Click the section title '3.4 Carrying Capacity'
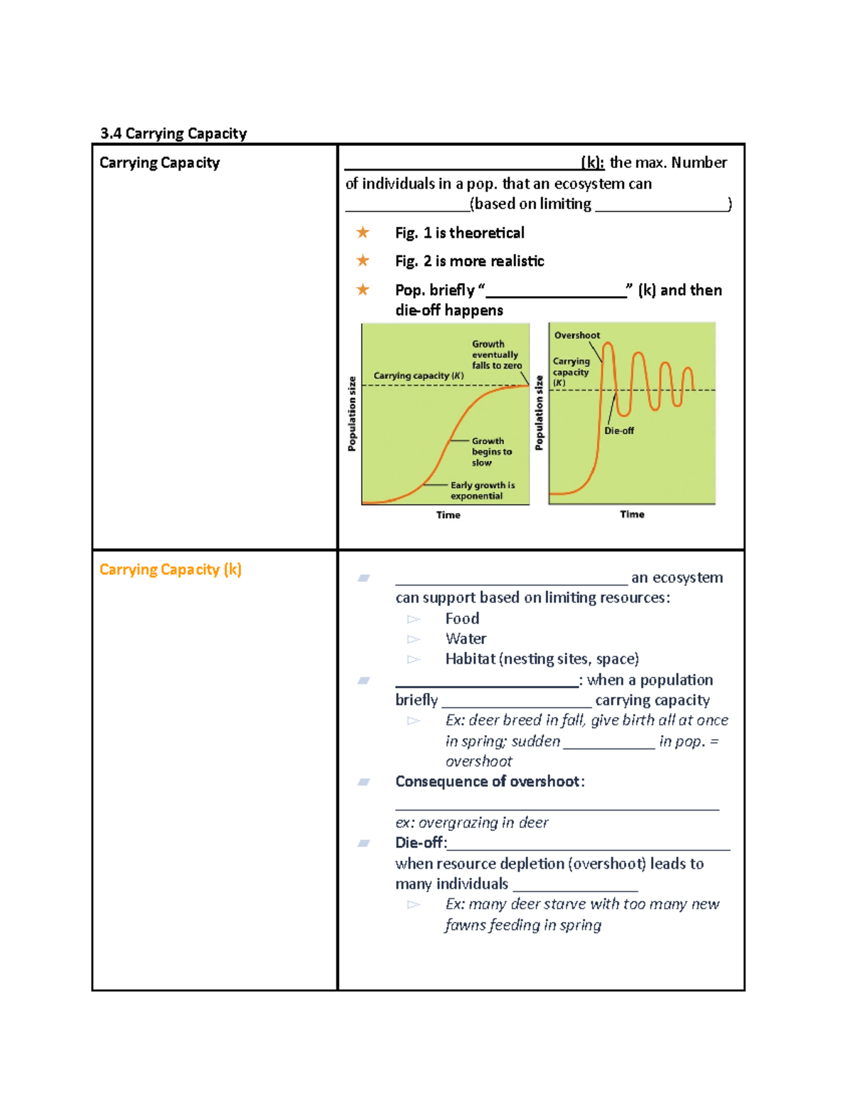[x=173, y=134]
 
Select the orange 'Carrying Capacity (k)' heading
[x=171, y=569]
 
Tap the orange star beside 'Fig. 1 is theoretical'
[x=363, y=233]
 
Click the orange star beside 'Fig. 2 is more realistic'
[x=363, y=260]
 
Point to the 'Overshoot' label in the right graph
[x=576, y=335]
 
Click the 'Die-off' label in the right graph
[x=619, y=430]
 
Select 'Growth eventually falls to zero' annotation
[x=496, y=354]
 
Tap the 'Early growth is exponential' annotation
[x=482, y=490]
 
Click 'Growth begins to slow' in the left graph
[x=491, y=451]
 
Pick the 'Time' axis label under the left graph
[x=448, y=514]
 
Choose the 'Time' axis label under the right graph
[x=632, y=514]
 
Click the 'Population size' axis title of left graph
[x=352, y=414]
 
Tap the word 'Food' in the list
[x=462, y=618]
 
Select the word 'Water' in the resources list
[x=466, y=638]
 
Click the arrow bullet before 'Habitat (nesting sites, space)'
[x=414, y=660]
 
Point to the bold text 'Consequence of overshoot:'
[x=490, y=781]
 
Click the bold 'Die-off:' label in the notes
[x=421, y=842]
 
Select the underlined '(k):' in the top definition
[x=592, y=162]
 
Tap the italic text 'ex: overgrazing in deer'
[x=472, y=823]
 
